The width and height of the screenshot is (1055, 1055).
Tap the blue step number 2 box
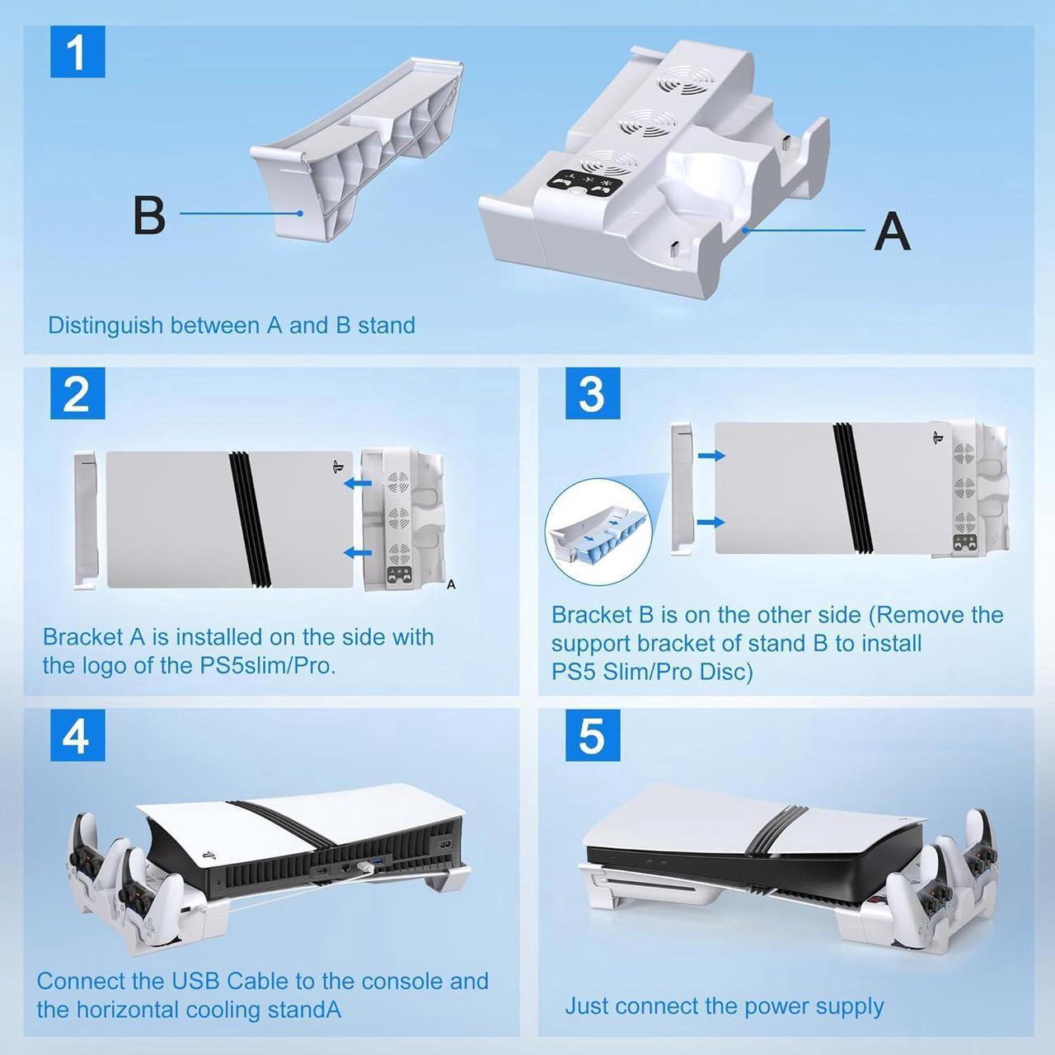click(77, 392)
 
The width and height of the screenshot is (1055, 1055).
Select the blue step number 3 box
click(593, 392)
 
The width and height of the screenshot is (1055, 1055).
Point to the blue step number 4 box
click(77, 735)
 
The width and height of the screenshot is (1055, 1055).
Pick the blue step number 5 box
click(593, 735)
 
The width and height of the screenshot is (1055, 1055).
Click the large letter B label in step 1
click(149, 215)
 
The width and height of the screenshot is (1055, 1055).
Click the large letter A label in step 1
click(892, 231)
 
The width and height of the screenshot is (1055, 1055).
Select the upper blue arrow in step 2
click(358, 483)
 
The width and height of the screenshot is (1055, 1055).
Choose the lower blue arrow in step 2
click(358, 552)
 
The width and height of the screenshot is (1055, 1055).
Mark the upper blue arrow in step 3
click(711, 455)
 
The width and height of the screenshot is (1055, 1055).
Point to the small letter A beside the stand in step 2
click(451, 584)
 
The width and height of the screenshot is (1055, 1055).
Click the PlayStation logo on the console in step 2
click(337, 468)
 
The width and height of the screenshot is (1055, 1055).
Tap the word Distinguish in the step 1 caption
click(105, 326)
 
